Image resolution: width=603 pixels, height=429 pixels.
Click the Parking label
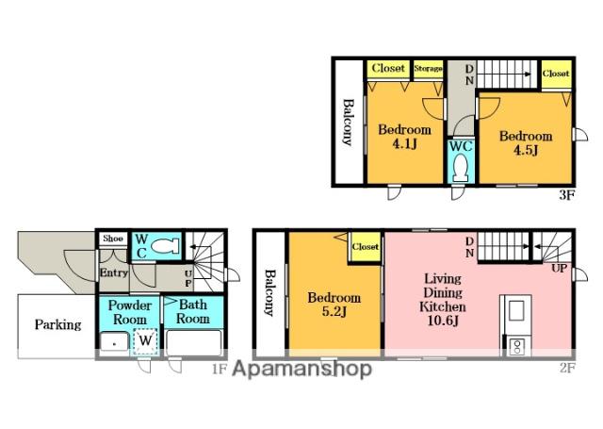click(x=58, y=324)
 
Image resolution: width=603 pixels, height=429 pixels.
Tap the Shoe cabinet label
click(x=113, y=239)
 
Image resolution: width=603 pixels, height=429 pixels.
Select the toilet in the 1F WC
click(x=165, y=245)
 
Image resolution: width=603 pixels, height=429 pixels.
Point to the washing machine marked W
click(x=145, y=340)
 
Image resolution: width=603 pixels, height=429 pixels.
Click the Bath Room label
click(x=193, y=312)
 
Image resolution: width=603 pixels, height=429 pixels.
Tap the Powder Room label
click(x=130, y=312)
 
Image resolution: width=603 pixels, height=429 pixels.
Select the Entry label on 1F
click(x=113, y=272)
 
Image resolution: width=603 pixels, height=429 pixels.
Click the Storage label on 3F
click(x=428, y=69)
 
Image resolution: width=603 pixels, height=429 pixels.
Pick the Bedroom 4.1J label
click(x=404, y=137)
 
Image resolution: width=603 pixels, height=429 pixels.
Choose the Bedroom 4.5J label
click(x=526, y=142)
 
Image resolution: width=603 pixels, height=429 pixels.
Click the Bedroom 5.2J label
click(x=334, y=305)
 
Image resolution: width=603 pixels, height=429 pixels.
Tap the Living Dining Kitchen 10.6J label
click(x=443, y=299)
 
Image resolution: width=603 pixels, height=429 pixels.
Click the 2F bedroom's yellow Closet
click(x=366, y=247)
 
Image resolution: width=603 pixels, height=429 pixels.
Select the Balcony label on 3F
click(x=348, y=123)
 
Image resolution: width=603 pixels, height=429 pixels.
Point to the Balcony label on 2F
click(x=270, y=293)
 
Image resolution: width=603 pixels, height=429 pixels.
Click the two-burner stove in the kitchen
click(x=516, y=345)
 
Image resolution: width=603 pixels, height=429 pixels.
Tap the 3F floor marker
click(x=566, y=195)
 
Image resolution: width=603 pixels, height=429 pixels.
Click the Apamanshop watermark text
click(x=301, y=369)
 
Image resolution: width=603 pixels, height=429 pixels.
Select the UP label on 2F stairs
click(x=559, y=268)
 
